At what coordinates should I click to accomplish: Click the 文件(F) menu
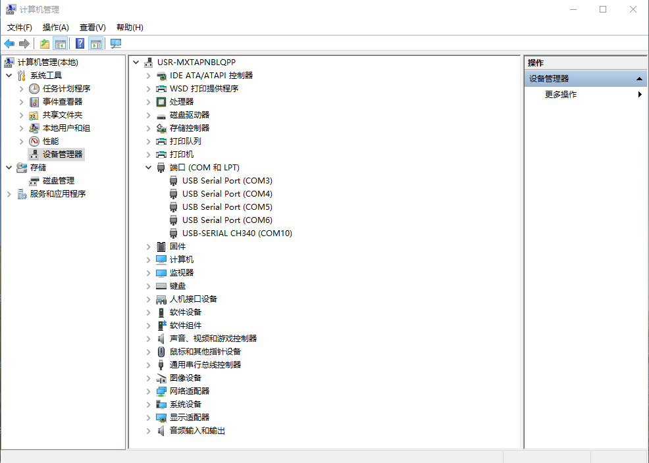click(20, 27)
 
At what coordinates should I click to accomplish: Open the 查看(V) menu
click(92, 27)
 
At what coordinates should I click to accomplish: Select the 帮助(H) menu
click(130, 27)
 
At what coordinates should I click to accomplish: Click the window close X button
click(633, 9)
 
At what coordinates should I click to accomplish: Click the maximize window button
click(603, 9)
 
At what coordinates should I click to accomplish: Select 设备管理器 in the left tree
click(63, 154)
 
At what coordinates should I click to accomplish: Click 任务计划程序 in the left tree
click(66, 88)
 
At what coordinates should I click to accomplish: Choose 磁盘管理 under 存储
click(59, 180)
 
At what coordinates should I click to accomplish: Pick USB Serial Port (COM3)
click(227, 180)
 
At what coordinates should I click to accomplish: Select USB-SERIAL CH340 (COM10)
click(237, 233)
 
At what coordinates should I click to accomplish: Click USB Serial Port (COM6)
click(227, 220)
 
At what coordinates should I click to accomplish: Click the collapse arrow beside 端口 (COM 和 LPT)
click(149, 168)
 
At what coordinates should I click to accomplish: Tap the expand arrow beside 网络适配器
click(149, 391)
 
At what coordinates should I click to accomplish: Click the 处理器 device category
click(182, 101)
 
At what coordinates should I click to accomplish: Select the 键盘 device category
click(178, 285)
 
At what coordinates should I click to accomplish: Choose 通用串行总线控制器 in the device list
click(205, 364)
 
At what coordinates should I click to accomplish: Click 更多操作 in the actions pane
click(561, 94)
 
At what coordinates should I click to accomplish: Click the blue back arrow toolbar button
click(9, 43)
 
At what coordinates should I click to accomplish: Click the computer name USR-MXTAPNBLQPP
click(196, 62)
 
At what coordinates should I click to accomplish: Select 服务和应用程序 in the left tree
click(58, 193)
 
